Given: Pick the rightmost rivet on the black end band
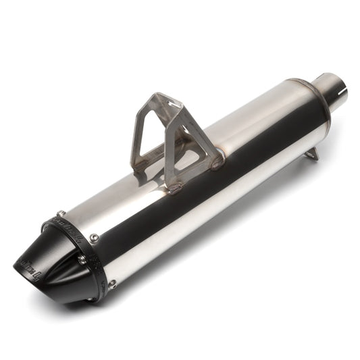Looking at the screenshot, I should click(112, 284).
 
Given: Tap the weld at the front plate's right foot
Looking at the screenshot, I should click(216, 163).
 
